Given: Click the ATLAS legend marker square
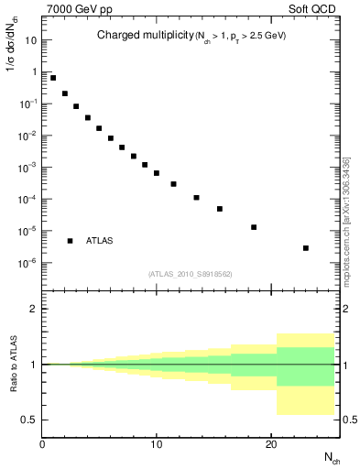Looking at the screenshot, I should point(71,240).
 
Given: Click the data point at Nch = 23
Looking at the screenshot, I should point(305,248).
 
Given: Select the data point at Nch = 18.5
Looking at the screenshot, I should point(254,227).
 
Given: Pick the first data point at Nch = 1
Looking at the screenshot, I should point(53,78).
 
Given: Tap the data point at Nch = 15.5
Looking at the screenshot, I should point(220,209).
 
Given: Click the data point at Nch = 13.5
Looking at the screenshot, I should point(197,197).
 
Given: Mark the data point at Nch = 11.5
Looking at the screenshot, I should point(174,184).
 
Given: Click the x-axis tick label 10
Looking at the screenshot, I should point(157,444).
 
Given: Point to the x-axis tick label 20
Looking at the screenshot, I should point(270,444).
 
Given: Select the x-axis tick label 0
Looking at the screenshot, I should point(43,444).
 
